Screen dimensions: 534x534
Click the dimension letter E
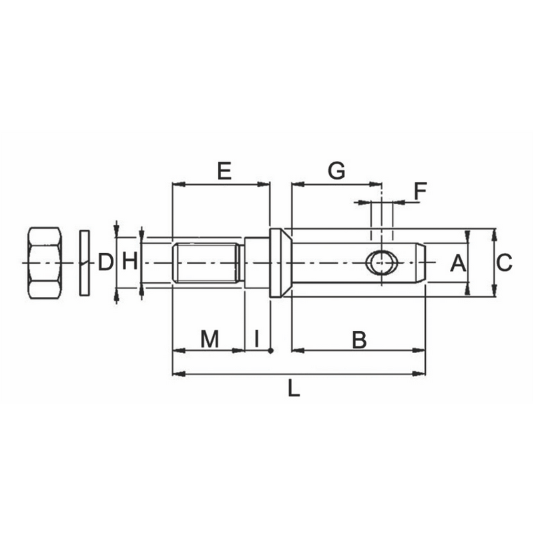pyautogui.click(x=224, y=171)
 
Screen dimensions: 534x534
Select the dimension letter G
pyautogui.click(x=336, y=171)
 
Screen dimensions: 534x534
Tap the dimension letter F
pyautogui.click(x=419, y=192)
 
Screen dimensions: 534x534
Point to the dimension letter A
pyautogui.click(x=457, y=263)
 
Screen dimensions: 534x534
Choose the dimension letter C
pyautogui.click(x=505, y=263)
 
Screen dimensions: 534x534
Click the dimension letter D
pyautogui.click(x=105, y=262)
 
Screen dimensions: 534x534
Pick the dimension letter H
pyautogui.click(x=129, y=262)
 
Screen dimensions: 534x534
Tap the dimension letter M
pyautogui.click(x=210, y=339)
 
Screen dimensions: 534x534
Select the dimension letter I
pyautogui.click(x=257, y=339)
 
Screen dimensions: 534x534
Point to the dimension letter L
pyautogui.click(x=293, y=388)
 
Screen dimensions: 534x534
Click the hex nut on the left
pyautogui.click(x=45, y=263)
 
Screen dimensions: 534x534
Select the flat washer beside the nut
pyautogui.click(x=84, y=262)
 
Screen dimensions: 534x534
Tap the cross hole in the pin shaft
pyautogui.click(x=382, y=263)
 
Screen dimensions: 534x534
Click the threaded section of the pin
pyautogui.click(x=206, y=263)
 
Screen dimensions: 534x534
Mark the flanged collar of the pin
pyautogui.click(x=277, y=263)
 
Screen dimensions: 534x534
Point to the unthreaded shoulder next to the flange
pyautogui.click(x=256, y=263)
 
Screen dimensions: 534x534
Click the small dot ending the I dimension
pyautogui.click(x=270, y=350)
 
